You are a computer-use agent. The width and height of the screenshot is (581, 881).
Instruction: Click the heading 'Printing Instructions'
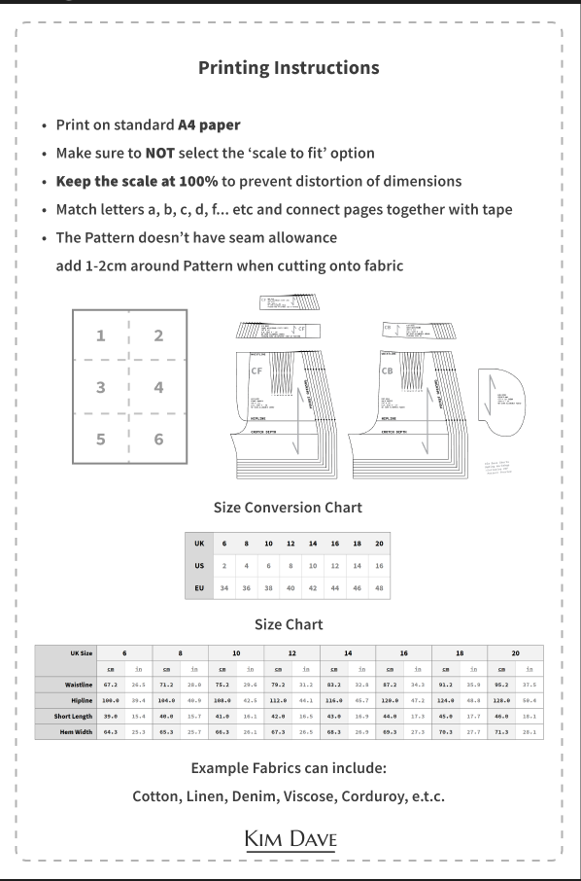[x=289, y=68]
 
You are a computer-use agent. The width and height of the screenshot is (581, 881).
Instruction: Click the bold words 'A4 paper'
[x=209, y=125]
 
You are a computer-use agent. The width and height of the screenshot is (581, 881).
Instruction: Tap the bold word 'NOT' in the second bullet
[x=161, y=153]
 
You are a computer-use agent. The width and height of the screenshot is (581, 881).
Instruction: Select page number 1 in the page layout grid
[x=100, y=336]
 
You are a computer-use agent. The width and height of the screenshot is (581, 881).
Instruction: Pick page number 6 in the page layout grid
[x=158, y=439]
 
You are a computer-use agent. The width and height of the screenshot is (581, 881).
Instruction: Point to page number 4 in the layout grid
[x=158, y=387]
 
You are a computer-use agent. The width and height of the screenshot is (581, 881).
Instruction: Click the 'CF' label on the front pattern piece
[x=257, y=370]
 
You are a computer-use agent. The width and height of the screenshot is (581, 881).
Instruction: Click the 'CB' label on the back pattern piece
[x=390, y=370]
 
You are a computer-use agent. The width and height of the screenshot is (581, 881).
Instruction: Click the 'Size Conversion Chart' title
[x=288, y=507]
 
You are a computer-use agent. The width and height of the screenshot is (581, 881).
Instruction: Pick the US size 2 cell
[x=224, y=565]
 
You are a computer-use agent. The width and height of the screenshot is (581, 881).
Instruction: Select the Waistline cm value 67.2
[x=111, y=685]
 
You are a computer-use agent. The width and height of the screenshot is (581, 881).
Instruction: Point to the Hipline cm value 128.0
[x=501, y=700]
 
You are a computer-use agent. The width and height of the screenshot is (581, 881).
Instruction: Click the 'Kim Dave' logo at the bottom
[x=290, y=838]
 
